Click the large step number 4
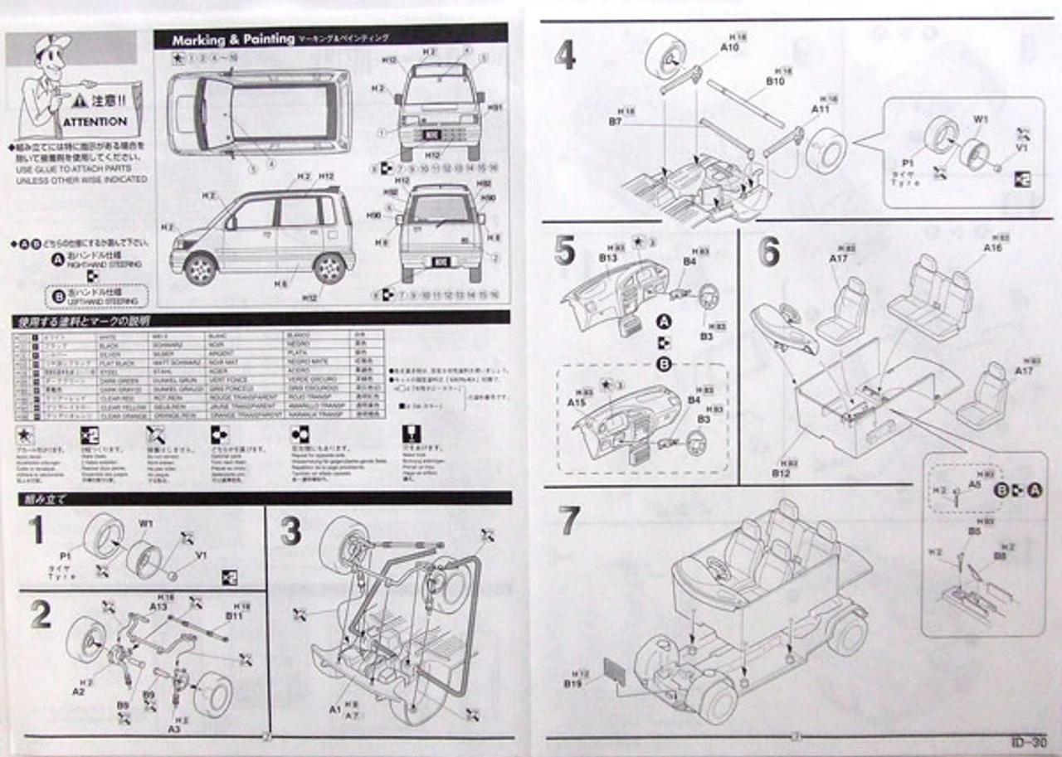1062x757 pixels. (565, 56)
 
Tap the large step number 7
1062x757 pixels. (568, 519)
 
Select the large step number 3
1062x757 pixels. (290, 531)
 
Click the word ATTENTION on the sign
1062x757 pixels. (95, 121)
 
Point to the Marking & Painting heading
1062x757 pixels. (233, 39)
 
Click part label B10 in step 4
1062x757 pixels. (776, 81)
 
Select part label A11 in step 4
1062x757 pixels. (820, 109)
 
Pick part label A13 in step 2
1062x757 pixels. (158, 606)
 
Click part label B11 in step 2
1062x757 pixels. (234, 615)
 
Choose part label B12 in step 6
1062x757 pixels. (780, 473)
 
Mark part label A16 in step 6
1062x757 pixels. (992, 247)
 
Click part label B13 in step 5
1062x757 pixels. (607, 258)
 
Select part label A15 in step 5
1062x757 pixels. (577, 401)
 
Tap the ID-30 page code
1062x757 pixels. (1028, 741)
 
